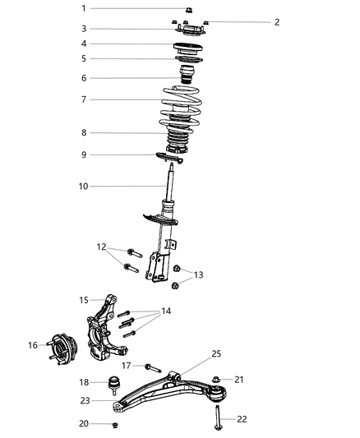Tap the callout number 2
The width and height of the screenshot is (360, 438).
[x=277, y=22]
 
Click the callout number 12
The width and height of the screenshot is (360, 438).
[x=102, y=247]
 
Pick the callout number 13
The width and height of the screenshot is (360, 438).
[x=198, y=274]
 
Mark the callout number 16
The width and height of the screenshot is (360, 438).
[x=33, y=345]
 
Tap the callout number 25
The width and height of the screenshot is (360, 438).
[x=217, y=354]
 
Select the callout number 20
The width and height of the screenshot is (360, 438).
[x=84, y=423]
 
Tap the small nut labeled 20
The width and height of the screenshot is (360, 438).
[x=115, y=424]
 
